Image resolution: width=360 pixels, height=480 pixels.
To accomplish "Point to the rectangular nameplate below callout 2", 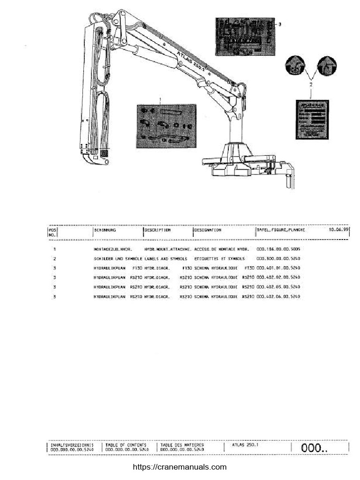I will [x=312, y=120].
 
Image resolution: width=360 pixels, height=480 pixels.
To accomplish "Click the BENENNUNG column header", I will [x=105, y=231].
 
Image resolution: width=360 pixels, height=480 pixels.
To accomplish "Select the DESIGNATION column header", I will [x=208, y=231].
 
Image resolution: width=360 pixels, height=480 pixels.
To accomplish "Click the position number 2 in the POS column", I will [x=55, y=259].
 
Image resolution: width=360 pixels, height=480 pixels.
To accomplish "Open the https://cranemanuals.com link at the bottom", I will [x=180, y=467].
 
